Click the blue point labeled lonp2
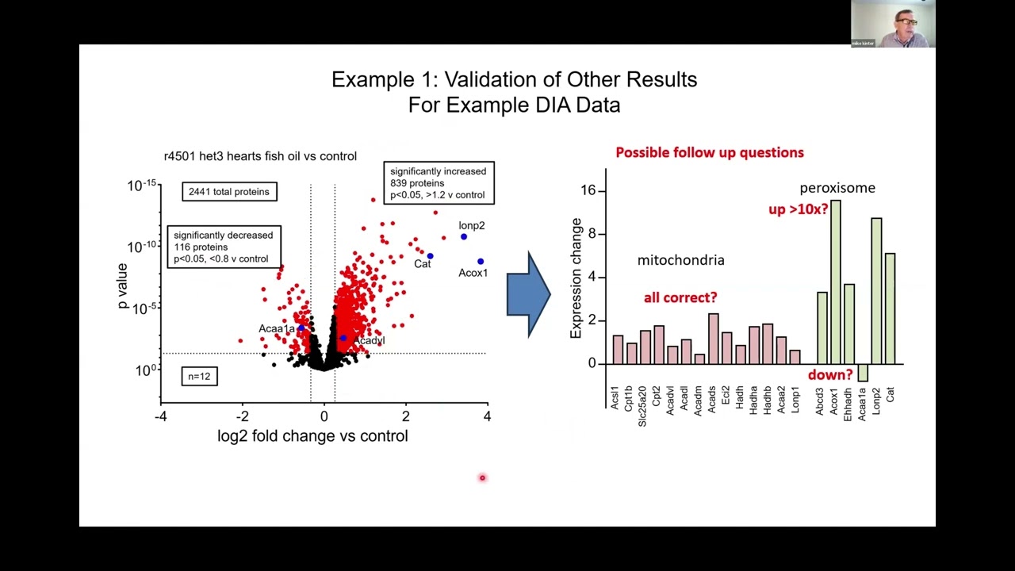pyautogui.click(x=464, y=236)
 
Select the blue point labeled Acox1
pyautogui.click(x=481, y=261)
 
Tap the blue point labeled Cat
pyautogui.click(x=430, y=256)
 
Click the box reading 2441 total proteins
pyautogui.click(x=228, y=192)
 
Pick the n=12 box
pyautogui.click(x=199, y=376)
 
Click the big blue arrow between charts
pyautogui.click(x=528, y=294)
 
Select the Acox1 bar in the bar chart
pyautogui.click(x=835, y=282)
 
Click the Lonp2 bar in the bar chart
pyautogui.click(x=876, y=291)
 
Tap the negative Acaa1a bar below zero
pyautogui.click(x=863, y=373)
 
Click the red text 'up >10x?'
pyautogui.click(x=798, y=209)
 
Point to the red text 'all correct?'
pyautogui.click(x=680, y=297)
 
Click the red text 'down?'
pyautogui.click(x=829, y=375)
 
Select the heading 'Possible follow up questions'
pyautogui.click(x=709, y=152)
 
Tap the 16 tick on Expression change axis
pyautogui.click(x=588, y=190)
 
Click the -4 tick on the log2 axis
pyautogui.click(x=161, y=416)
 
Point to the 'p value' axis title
pyautogui.click(x=122, y=286)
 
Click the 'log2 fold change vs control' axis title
pyautogui.click(x=312, y=436)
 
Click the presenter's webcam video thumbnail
pyautogui.click(x=893, y=24)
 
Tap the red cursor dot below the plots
pyautogui.click(x=482, y=477)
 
